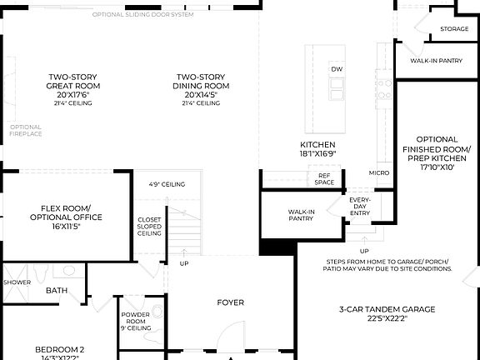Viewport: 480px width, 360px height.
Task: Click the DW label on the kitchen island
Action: point(337,69)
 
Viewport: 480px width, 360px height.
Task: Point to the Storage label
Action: point(454,29)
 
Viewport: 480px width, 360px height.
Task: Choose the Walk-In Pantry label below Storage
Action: point(436,61)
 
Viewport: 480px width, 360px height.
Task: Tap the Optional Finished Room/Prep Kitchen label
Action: point(437,153)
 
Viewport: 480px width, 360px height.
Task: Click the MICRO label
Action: point(379,173)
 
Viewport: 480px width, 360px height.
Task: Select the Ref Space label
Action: point(325,178)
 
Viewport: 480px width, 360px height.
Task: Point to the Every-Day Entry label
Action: point(360,207)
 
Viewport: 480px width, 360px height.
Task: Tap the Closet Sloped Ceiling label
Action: point(149,227)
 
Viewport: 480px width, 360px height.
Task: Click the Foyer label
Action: point(231,302)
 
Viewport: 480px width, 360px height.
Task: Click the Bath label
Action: point(57,291)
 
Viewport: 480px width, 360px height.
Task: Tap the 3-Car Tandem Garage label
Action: point(387,313)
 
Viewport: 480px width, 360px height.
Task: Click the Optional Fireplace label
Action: point(26,130)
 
